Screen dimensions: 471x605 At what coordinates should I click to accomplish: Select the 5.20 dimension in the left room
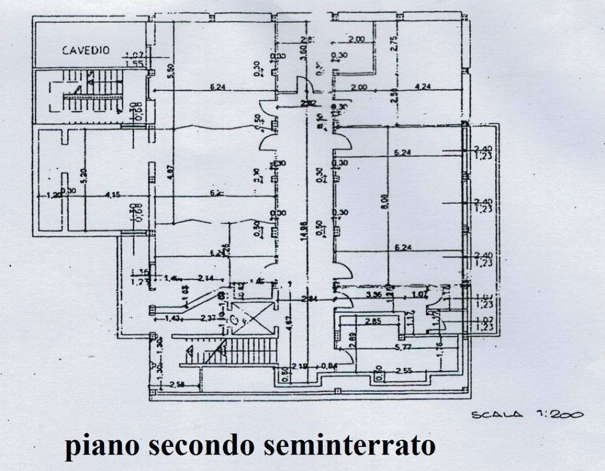84,176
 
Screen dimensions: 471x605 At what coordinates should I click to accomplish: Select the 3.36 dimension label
374,296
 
